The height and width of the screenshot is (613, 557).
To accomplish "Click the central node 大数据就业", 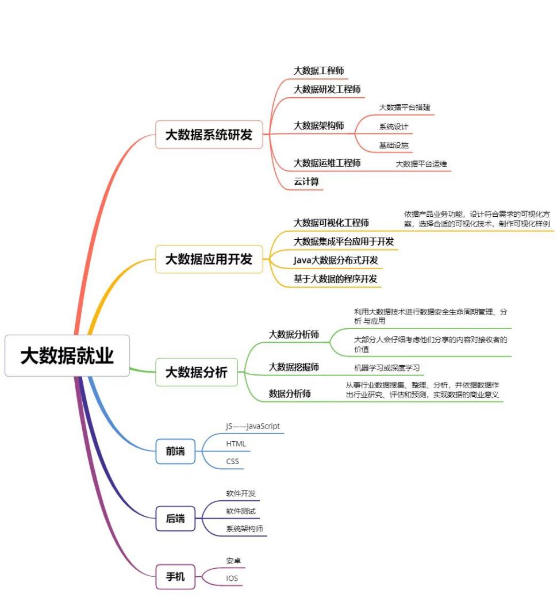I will pos(67,355).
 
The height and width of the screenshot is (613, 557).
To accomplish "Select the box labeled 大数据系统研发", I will pos(209,135).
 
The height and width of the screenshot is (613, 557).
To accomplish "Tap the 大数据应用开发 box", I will pos(209,259).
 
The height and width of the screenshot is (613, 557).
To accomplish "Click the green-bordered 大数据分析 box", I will pos(197,373).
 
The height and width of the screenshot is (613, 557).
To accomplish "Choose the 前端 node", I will pos(175,451).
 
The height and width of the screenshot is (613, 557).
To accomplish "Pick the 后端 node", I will pos(175,519).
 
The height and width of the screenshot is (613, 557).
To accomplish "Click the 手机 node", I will pos(175,576).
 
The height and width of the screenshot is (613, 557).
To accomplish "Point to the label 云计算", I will pos(306,182).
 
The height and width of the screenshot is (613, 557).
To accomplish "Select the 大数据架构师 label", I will pos(319,126).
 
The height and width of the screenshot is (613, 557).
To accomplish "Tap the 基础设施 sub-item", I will pos(394,145).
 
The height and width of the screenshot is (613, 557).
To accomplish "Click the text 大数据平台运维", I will pos(421,164).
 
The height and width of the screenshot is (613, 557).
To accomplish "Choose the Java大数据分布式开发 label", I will pos(336,260).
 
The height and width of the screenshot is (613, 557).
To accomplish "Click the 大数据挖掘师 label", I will pos(294,367).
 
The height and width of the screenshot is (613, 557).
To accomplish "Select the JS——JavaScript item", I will pos(253,427).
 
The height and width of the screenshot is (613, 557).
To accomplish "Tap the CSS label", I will pos(232,461).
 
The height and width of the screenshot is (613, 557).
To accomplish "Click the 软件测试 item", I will pos(241,511).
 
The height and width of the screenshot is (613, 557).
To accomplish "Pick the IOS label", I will pos(232,578).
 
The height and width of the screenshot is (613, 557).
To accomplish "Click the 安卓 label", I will pos(232,560).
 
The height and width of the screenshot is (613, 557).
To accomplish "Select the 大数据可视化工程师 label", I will pos(331,223).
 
